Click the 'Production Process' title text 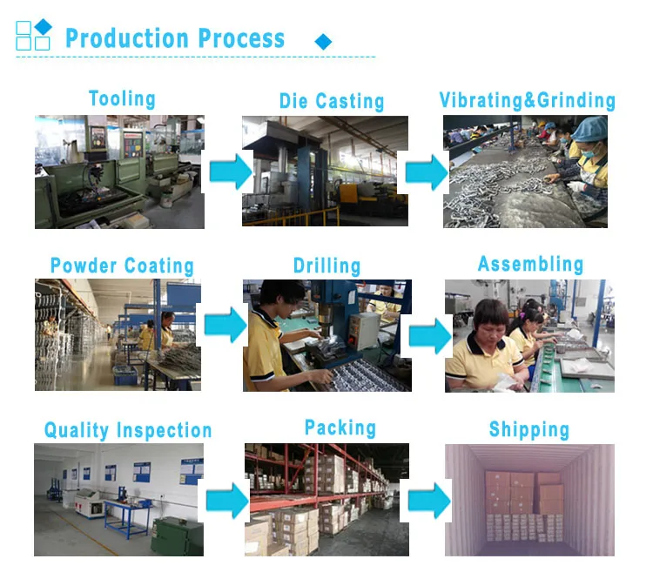[175, 39]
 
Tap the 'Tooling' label [122, 98]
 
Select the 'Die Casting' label [332, 101]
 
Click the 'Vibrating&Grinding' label [527, 100]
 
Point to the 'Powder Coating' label [122, 266]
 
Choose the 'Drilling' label [326, 265]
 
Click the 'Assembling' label [530, 264]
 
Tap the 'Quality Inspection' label [128, 430]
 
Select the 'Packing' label [340, 428]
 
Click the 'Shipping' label [529, 429]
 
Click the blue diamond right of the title [323, 42]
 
